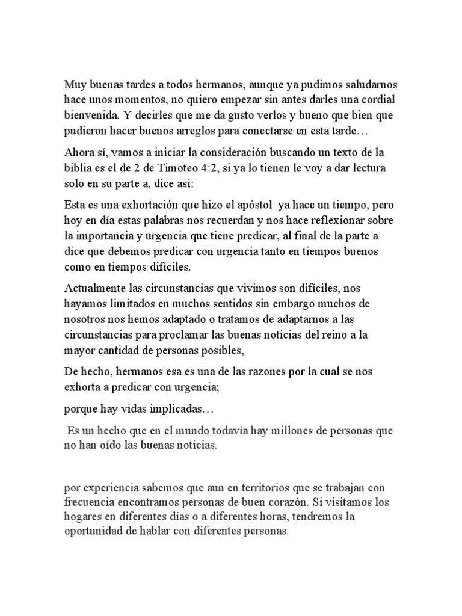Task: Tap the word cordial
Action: tap(377, 99)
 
